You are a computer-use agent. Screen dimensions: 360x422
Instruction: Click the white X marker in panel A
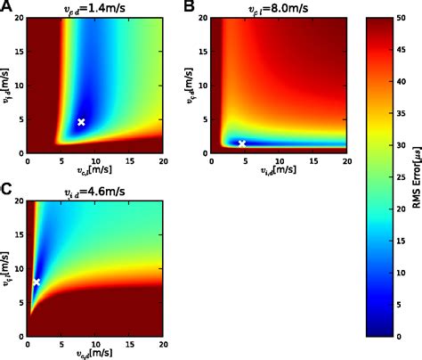tap(81, 122)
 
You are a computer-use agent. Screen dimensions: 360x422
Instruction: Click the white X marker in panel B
tap(242, 143)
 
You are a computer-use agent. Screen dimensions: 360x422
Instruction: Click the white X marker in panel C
tap(37, 282)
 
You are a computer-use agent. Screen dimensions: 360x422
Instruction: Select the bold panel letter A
tap(7, 8)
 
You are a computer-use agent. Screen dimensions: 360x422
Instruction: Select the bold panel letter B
tap(189, 8)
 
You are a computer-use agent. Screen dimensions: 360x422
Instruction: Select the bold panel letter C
tap(7, 189)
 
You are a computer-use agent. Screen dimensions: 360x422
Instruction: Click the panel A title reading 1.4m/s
tap(95, 10)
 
